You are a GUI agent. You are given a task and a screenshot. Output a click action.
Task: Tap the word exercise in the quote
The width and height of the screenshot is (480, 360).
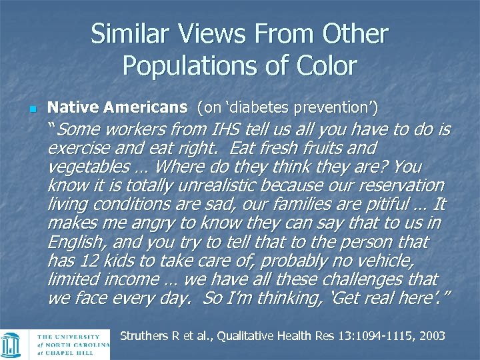pos(77,147)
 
